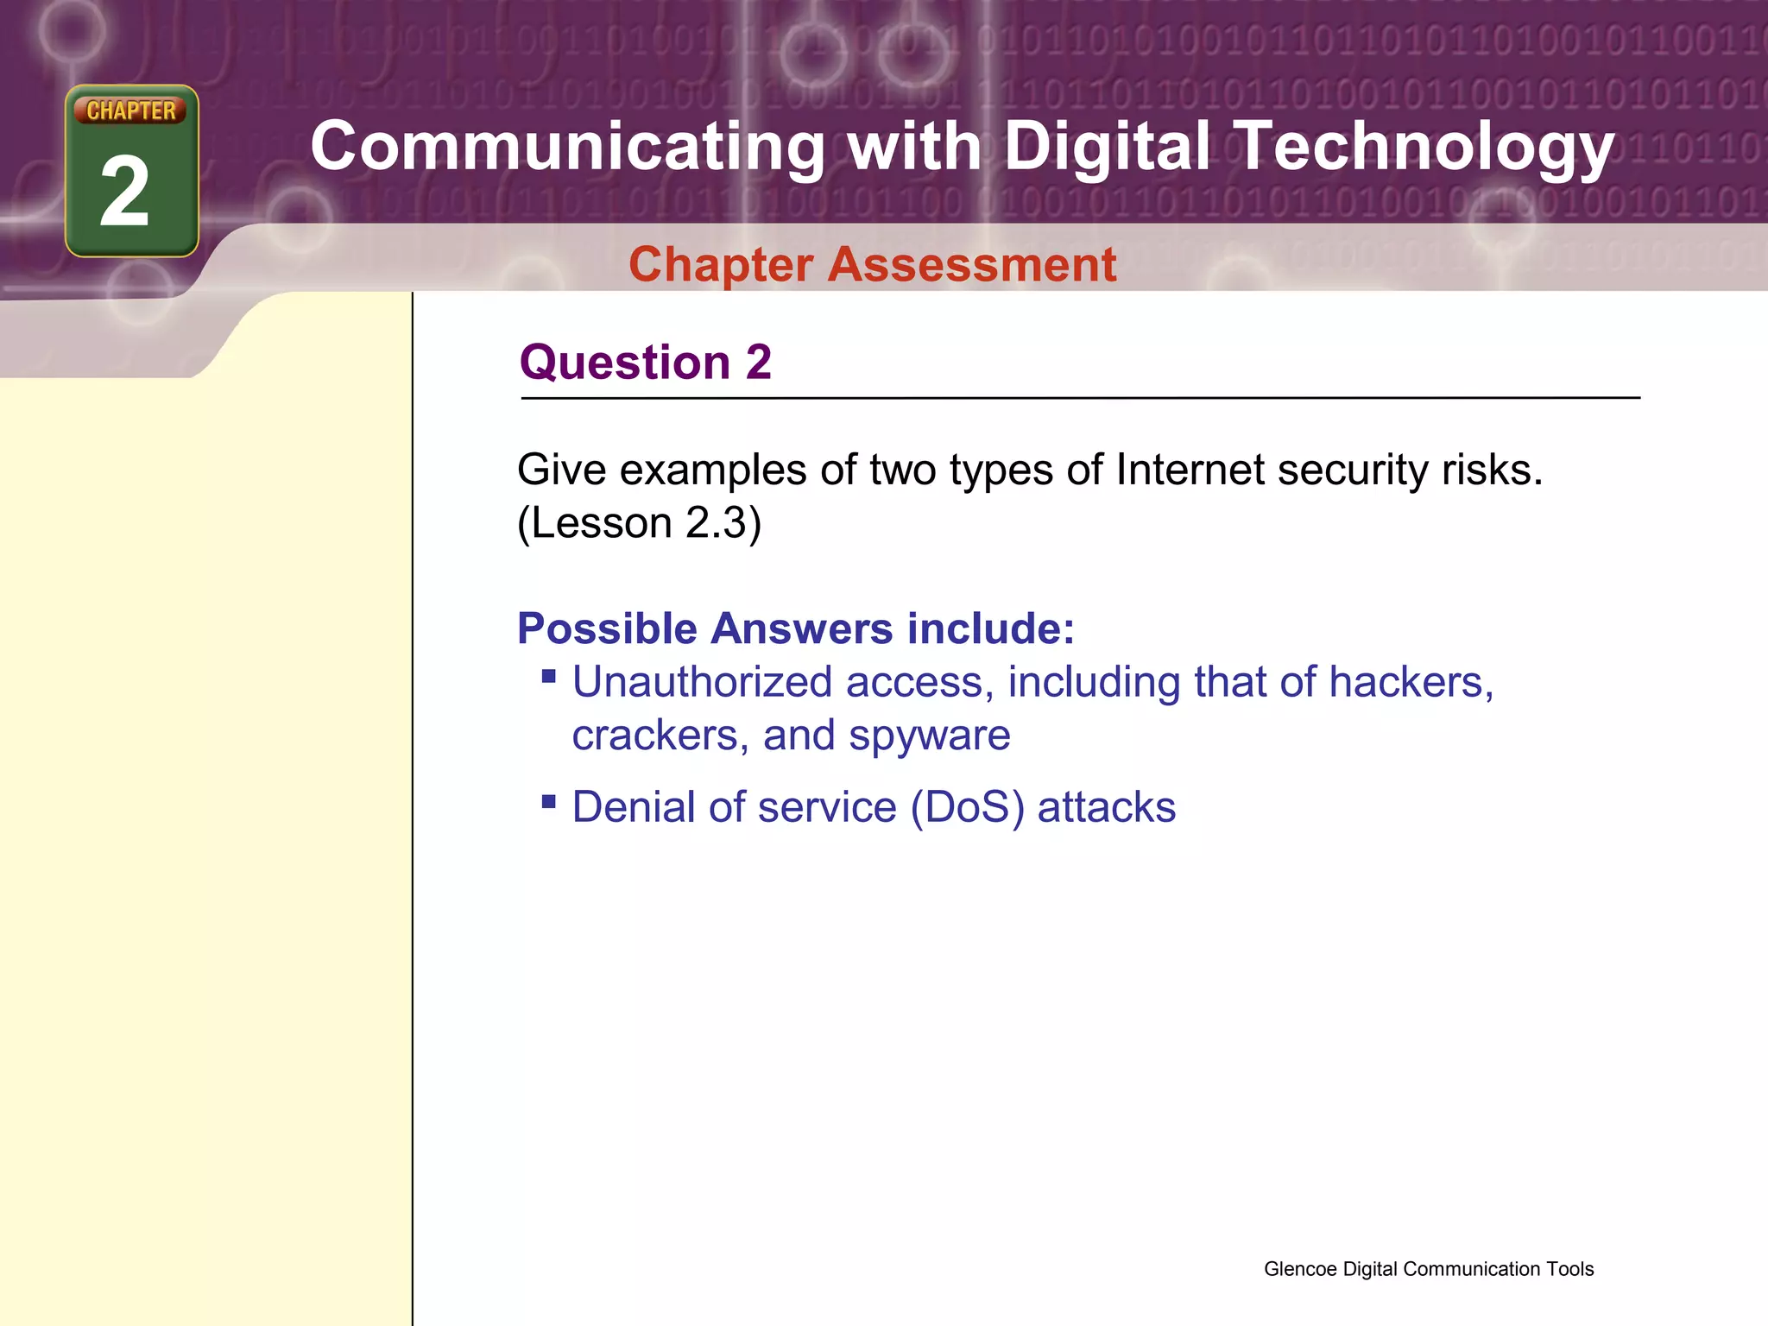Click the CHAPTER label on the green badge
coord(131,110)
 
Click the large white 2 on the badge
coord(126,193)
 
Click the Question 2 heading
coord(645,362)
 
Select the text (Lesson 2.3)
coord(639,523)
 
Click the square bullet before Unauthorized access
coord(548,676)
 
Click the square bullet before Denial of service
coord(548,801)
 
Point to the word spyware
coord(929,736)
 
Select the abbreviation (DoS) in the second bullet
coord(968,808)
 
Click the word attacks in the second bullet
coord(1106,808)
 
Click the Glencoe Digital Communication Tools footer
coord(1428,1269)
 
